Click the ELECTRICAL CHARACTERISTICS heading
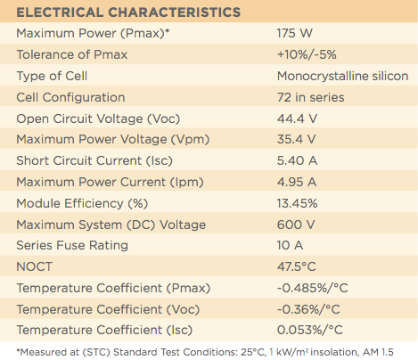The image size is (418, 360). pos(128,12)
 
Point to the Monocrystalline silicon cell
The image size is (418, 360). pos(342,76)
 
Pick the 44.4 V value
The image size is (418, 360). pos(298,119)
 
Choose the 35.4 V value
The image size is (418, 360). pos(298,140)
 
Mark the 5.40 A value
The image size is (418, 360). pos(298,160)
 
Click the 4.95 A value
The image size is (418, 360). pos(298,182)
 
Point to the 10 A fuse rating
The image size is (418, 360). pos(291,245)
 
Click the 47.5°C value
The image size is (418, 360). pos(299,266)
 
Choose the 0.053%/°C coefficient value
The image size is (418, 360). pos(309,330)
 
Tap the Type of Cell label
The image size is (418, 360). pos(56,76)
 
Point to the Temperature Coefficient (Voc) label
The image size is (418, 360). pos(102,308)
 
